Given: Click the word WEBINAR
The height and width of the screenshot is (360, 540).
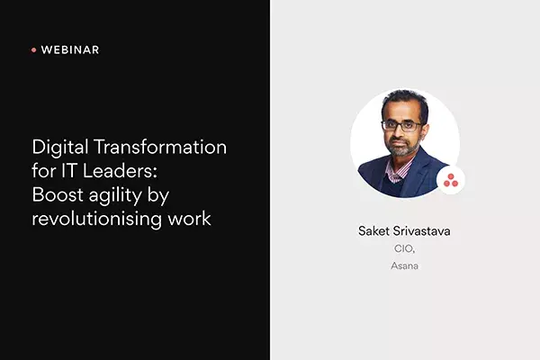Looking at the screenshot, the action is click(x=70, y=50).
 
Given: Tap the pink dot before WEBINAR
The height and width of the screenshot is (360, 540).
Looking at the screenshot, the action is click(x=34, y=50).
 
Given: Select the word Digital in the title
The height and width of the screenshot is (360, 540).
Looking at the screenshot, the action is click(x=60, y=148).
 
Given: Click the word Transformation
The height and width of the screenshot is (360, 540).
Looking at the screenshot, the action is click(x=160, y=147).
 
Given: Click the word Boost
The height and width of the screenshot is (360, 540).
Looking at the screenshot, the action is click(x=58, y=194).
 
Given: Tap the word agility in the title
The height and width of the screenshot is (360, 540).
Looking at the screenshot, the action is click(x=115, y=195).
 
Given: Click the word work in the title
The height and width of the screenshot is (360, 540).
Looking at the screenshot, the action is click(x=189, y=219).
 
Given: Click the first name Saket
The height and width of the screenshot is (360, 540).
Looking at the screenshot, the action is click(x=373, y=230).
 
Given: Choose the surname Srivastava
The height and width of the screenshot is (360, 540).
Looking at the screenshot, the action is click(x=421, y=230).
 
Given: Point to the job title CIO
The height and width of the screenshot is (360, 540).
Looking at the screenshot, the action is click(x=404, y=248).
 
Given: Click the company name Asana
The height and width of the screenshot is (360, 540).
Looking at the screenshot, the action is click(x=404, y=265).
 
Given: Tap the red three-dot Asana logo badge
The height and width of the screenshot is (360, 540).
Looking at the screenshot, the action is click(x=451, y=180).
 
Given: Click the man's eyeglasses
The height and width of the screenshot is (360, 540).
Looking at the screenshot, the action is click(x=402, y=125).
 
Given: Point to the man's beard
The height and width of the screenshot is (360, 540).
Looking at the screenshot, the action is click(x=402, y=148).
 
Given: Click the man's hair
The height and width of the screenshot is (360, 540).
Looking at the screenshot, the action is click(x=405, y=103).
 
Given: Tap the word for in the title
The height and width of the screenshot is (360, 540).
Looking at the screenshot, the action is click(x=44, y=171).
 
